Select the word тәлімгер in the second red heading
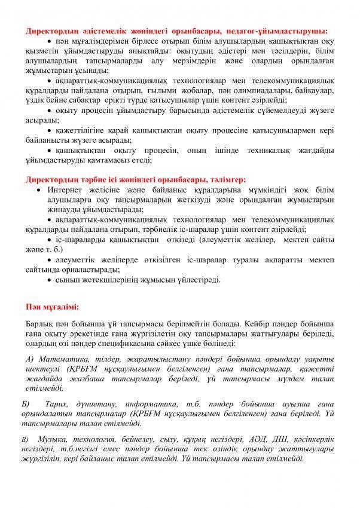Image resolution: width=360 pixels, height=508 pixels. (x=224, y=179)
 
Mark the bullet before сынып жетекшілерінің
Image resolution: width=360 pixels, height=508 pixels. (x=50, y=279)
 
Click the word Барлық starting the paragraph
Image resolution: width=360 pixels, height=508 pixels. (x=39, y=323)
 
